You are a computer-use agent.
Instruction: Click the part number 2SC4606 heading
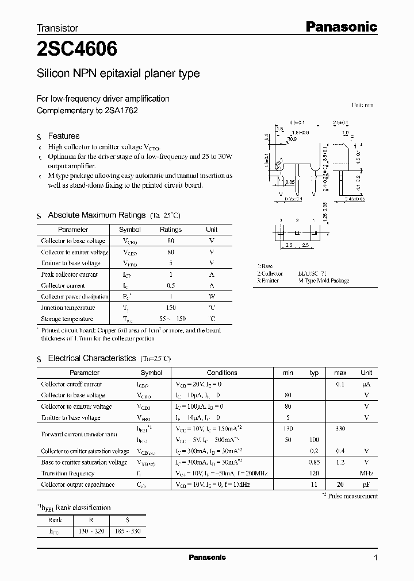click(77, 50)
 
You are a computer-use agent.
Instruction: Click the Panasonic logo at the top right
click(340, 26)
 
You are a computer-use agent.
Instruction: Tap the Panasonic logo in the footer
click(208, 557)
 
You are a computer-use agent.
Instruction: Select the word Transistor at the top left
click(57, 28)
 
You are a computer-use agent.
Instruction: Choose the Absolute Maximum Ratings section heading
click(96, 215)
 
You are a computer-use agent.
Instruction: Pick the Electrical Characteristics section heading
click(91, 358)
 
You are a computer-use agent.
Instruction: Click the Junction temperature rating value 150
click(171, 308)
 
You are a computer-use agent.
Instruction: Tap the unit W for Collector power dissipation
click(212, 297)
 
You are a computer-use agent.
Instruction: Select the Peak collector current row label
click(69, 274)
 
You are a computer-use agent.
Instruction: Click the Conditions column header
click(221, 373)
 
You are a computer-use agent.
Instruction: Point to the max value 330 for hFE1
click(340, 429)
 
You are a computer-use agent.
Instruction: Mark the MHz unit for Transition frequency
click(366, 474)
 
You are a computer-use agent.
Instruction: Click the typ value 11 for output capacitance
click(314, 485)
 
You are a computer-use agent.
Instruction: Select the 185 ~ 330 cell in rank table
click(128, 532)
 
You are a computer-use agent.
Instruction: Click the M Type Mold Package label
click(323, 281)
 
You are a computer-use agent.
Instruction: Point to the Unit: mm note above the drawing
click(362, 105)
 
